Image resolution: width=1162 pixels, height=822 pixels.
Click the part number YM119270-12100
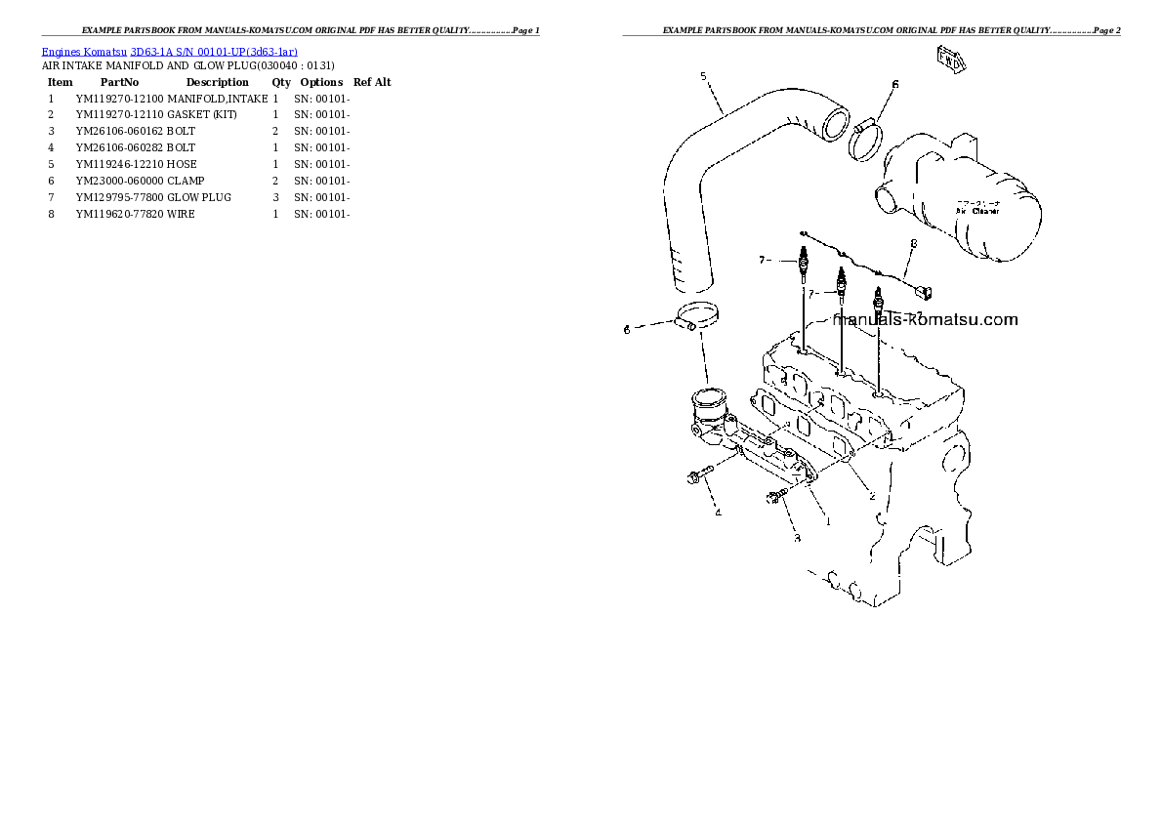coord(119,99)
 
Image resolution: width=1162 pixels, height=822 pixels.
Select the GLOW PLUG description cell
coord(199,197)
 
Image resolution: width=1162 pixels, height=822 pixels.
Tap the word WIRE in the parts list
coord(181,214)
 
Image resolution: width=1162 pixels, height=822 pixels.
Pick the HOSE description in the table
coord(181,164)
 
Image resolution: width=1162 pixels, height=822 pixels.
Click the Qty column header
coord(281,82)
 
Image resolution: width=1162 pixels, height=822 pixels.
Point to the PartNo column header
coord(119,82)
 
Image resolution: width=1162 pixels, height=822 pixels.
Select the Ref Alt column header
coord(372,82)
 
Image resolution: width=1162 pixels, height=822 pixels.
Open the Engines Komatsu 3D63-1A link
coord(170,51)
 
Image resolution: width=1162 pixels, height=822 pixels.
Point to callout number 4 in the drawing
coord(718,513)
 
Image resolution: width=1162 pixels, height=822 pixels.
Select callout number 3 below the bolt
coord(796,537)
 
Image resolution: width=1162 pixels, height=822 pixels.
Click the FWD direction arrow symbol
coord(951,61)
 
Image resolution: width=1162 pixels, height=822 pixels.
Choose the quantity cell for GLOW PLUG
coord(275,197)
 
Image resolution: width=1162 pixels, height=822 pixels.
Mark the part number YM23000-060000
coord(119,181)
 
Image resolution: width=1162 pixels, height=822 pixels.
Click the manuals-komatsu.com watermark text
coord(924,319)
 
